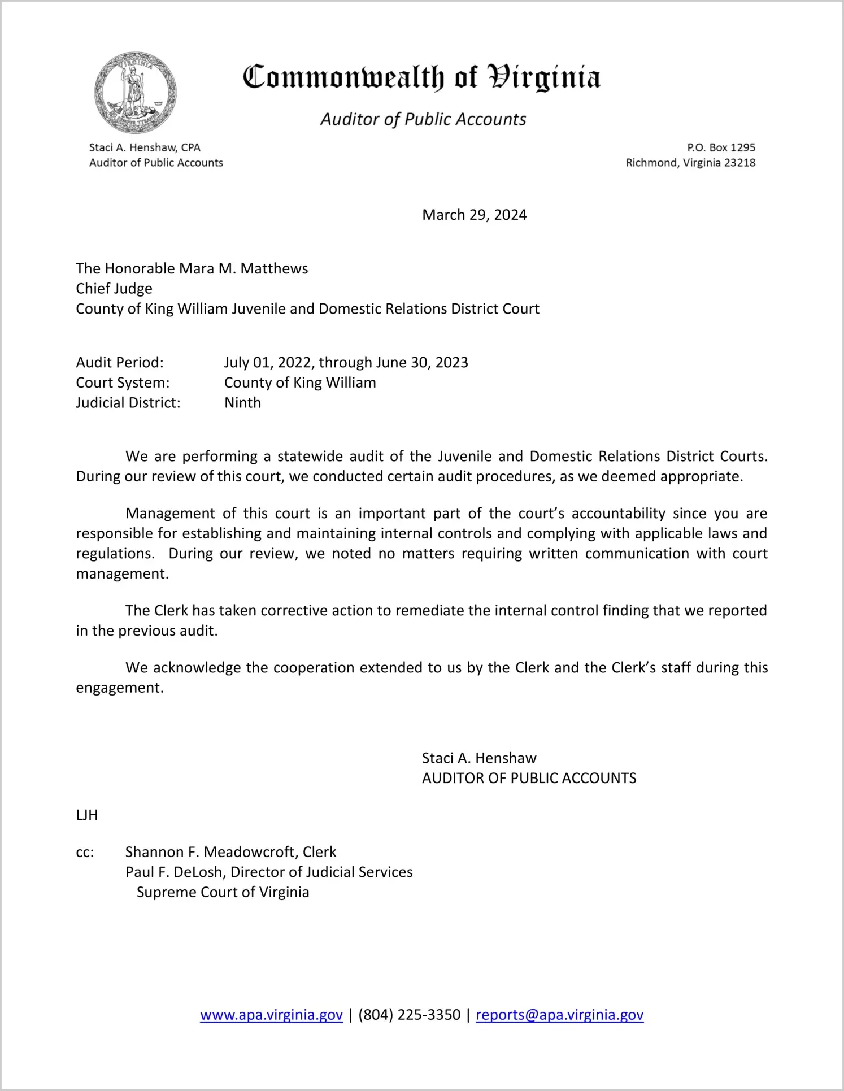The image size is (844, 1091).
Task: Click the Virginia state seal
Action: point(136,93)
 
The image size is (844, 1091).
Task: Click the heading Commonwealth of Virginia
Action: point(421,78)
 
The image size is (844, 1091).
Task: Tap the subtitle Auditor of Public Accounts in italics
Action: point(423,119)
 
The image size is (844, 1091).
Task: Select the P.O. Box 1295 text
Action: point(721,147)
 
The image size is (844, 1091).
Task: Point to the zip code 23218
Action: point(739,163)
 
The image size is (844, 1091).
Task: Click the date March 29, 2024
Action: point(474,215)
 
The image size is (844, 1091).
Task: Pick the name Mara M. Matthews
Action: point(243,268)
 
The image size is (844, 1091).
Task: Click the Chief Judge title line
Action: point(114,289)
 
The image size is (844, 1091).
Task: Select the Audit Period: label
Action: point(120,362)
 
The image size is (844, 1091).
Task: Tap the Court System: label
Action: point(123,382)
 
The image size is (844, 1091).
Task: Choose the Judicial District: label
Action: point(128,403)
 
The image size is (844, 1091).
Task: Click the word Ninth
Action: point(242,403)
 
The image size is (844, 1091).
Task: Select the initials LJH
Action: point(87,815)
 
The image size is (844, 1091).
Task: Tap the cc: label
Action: point(85,852)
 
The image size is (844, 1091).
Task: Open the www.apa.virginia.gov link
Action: point(271,1015)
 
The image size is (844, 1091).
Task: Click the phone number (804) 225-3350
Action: point(409,1015)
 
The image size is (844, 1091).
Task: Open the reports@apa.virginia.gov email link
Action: point(559,1015)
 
